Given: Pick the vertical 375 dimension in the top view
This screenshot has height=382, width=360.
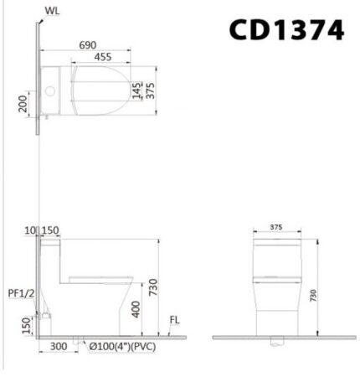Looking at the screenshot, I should tap(151, 90).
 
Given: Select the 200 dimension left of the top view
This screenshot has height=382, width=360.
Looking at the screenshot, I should tap(24, 103).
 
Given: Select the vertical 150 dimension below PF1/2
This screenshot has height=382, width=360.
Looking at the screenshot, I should tap(26, 323).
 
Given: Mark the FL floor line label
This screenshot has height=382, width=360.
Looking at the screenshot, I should tap(174, 319).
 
